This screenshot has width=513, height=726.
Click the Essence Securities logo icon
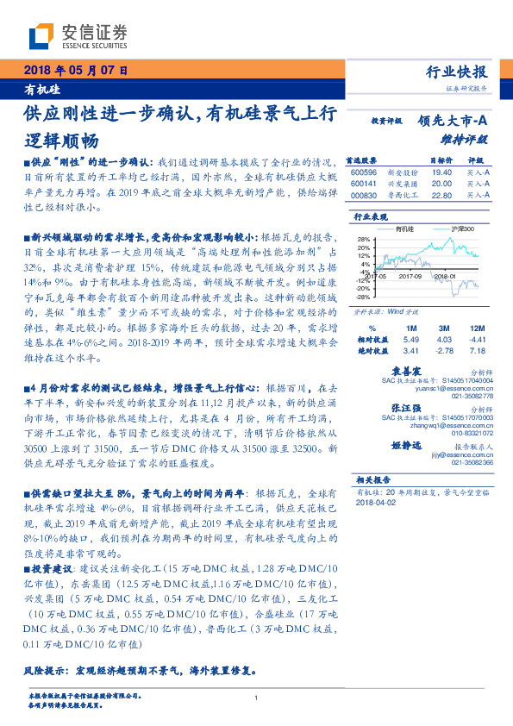(x=40, y=36)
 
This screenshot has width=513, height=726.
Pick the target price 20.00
(x=442, y=184)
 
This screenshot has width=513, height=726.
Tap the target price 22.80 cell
(x=442, y=195)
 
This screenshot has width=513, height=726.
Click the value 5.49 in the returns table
(x=410, y=341)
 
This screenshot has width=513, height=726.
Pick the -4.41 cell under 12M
(x=477, y=341)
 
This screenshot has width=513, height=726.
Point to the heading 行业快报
(x=457, y=72)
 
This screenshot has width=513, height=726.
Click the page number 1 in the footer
(x=256, y=698)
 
